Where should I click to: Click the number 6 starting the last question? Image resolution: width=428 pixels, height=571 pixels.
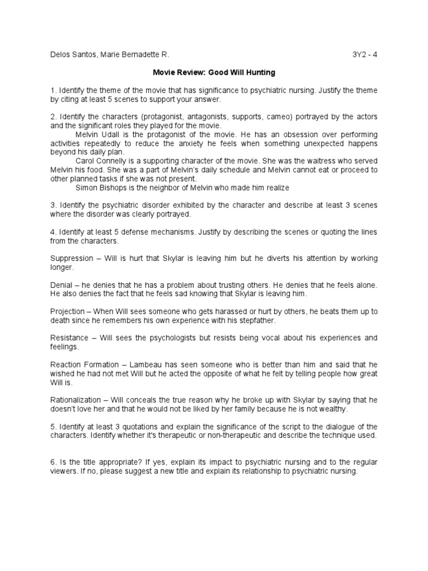(52, 462)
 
